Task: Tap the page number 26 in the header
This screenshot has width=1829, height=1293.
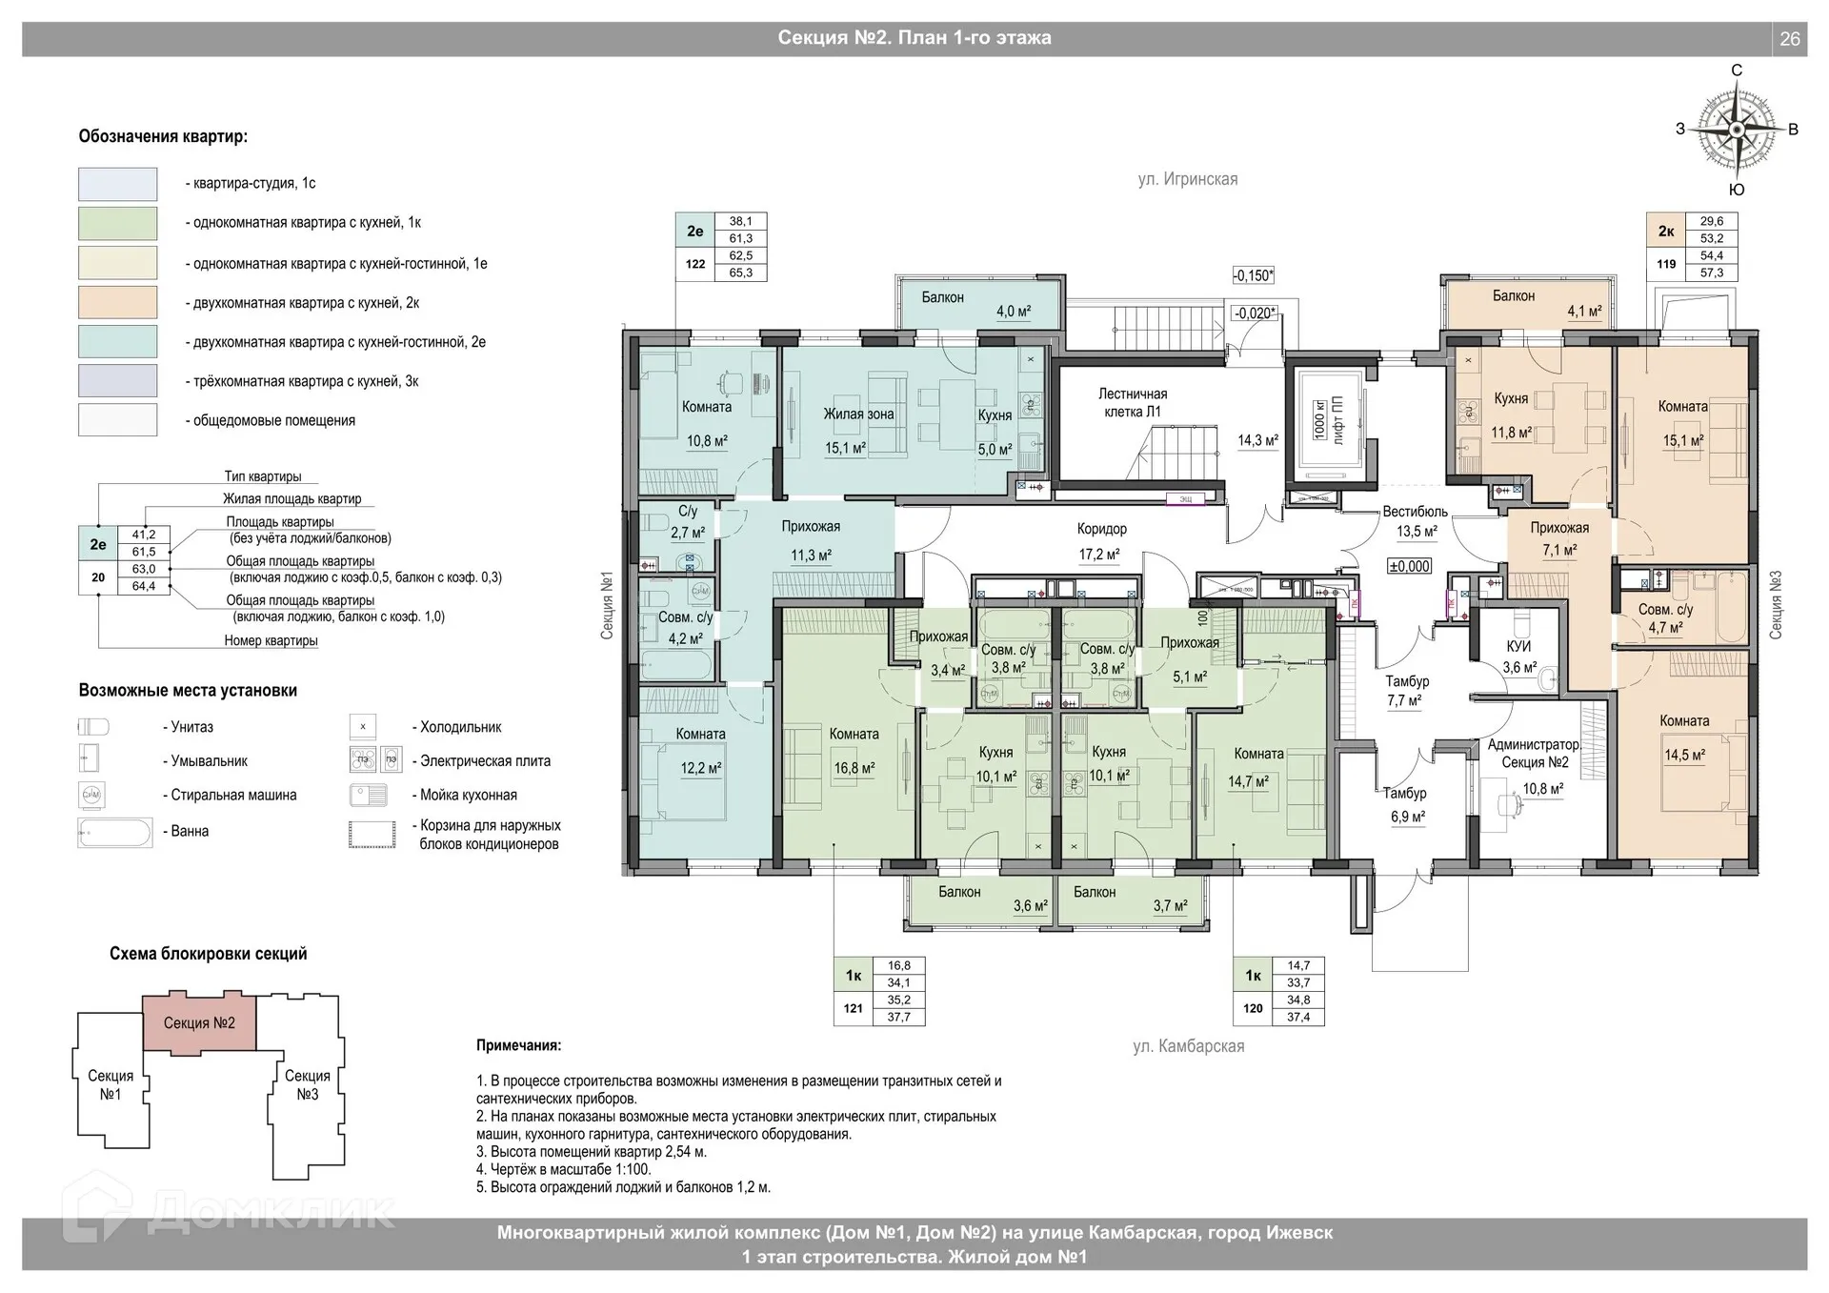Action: point(1789,39)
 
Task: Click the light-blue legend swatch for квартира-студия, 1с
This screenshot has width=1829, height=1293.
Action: point(117,184)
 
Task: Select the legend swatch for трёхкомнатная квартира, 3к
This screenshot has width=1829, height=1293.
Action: point(117,381)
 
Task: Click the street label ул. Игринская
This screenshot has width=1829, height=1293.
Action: point(1187,179)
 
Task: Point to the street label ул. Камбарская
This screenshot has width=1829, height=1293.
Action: point(1188,1046)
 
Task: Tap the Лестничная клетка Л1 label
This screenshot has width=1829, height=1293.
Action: point(1132,403)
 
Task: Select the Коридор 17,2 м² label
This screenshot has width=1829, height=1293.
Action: point(1101,540)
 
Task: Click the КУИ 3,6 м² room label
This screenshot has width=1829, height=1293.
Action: point(1518,657)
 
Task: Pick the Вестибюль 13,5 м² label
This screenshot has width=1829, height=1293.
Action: point(1416,521)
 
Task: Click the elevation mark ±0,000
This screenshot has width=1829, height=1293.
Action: point(1409,566)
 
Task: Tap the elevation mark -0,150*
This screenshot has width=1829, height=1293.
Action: point(1253,275)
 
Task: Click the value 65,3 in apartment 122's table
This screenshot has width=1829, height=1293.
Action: point(740,273)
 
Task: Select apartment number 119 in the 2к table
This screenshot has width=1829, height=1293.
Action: point(1665,264)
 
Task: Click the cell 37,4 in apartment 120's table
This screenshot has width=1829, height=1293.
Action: point(1297,1017)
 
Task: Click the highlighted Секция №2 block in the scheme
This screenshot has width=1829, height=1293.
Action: point(199,1022)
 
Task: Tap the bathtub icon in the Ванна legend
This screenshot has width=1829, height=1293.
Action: point(115,833)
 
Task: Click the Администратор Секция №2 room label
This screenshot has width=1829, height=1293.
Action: point(1534,754)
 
